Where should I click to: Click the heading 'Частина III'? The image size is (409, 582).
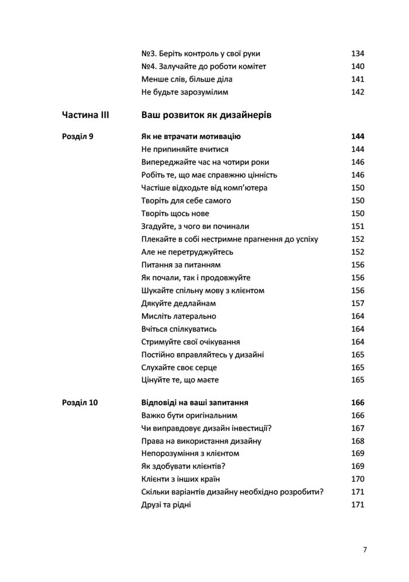tap(85, 115)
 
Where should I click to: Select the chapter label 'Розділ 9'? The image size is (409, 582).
tap(78, 137)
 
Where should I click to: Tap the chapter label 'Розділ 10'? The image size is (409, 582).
tap(80, 403)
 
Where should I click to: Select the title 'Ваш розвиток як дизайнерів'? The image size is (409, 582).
tap(206, 115)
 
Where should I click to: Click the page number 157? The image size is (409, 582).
tap(357, 303)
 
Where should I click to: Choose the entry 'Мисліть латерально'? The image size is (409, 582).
tap(179, 316)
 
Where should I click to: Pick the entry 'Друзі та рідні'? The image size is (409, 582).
tap(166, 505)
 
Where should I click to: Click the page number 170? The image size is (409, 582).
tap(357, 479)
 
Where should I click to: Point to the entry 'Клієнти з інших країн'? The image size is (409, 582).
tap(180, 479)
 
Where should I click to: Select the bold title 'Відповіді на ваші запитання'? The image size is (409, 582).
tap(195, 403)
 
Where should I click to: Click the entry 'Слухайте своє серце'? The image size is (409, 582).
tap(179, 368)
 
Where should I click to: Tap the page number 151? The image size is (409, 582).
tap(357, 226)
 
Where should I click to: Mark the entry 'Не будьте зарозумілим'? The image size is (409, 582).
tap(184, 92)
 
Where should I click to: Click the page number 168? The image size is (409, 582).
tap(357, 441)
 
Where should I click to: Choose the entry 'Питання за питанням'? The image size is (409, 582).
tap(181, 265)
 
